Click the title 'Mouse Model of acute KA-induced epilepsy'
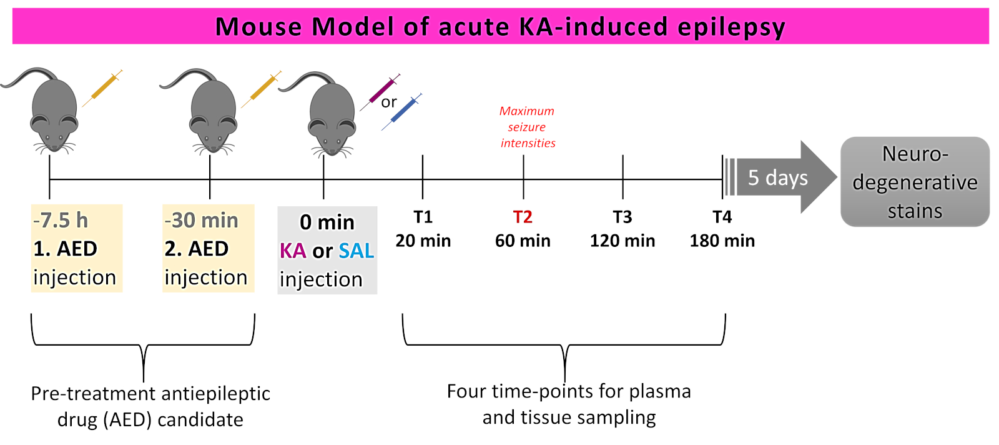click(x=500, y=27)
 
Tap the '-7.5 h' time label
click(x=61, y=220)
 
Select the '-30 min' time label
click(x=201, y=220)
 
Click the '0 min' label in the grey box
click(x=327, y=222)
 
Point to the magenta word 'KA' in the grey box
click(x=292, y=251)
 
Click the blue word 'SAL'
click(x=357, y=251)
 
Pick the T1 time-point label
click(x=423, y=217)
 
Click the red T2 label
click(x=523, y=217)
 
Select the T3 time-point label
click(x=623, y=217)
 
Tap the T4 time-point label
click(x=722, y=217)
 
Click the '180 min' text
click(x=722, y=241)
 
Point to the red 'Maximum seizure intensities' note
click(x=528, y=127)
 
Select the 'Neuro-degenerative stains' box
click(x=915, y=182)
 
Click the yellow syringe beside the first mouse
click(x=103, y=87)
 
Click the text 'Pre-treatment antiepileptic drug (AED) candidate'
click(x=150, y=406)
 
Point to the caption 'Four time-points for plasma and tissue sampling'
click(x=569, y=404)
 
